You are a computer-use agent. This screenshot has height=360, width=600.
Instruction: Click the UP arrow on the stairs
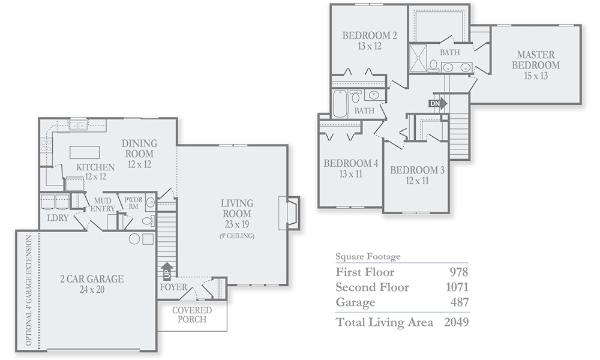tap(167, 271)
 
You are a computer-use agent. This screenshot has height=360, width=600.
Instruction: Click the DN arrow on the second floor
tap(438, 103)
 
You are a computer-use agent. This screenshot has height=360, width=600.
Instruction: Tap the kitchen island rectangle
tap(85, 152)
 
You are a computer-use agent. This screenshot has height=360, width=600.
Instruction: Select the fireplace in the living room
tap(289, 213)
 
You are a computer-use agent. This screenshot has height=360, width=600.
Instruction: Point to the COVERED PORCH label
tap(192, 314)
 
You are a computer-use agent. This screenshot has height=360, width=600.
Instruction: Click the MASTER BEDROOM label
tap(536, 59)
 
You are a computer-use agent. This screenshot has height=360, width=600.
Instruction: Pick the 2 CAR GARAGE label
tap(92, 278)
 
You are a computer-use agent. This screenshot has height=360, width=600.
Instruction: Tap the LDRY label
tap(58, 218)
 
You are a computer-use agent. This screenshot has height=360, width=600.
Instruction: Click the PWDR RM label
tap(133, 203)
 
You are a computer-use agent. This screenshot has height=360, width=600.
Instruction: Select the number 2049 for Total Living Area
tap(456, 322)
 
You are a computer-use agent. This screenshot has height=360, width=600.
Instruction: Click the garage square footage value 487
tap(460, 302)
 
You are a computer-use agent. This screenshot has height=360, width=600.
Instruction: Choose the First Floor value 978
tap(459, 272)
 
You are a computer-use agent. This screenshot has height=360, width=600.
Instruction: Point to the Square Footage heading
tap(368, 256)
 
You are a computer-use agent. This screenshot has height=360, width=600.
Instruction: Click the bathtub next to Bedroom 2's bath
tap(340, 104)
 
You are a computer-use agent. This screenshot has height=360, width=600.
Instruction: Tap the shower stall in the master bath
tap(418, 58)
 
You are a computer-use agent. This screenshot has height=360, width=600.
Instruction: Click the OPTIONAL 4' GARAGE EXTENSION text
tap(29, 290)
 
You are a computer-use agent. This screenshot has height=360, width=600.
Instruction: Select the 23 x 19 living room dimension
tap(237, 224)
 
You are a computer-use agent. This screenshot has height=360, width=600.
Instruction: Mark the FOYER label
tap(174, 287)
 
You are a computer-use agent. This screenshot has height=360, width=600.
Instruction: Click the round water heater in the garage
tap(134, 239)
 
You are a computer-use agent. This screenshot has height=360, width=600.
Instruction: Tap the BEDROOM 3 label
tap(417, 170)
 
